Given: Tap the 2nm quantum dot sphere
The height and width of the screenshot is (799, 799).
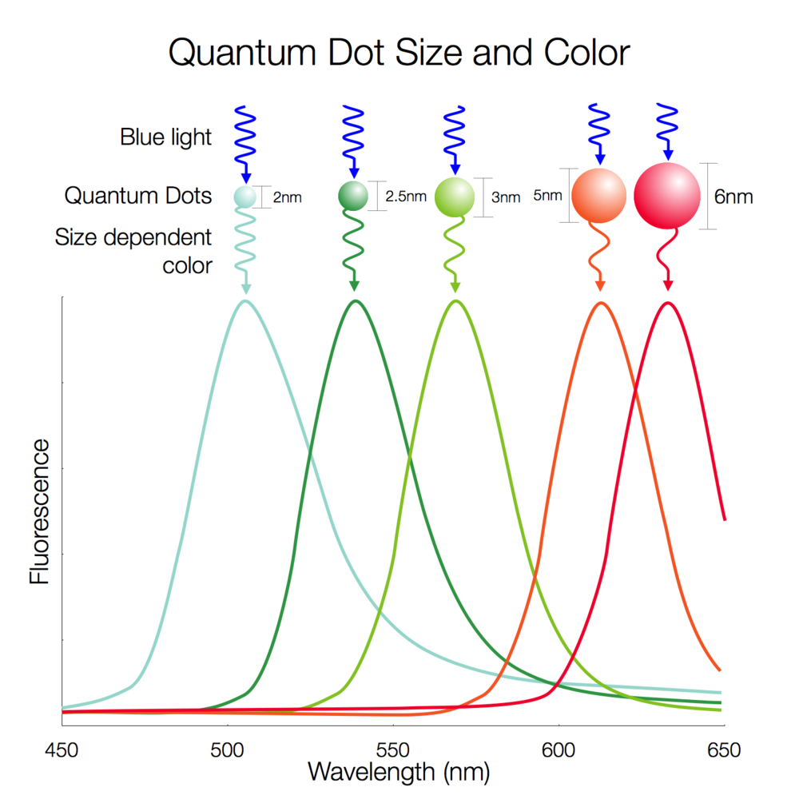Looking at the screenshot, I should [245, 196].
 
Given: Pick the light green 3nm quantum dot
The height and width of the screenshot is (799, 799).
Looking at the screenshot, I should [455, 197].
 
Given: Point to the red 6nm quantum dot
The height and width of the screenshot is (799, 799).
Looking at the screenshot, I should [666, 196].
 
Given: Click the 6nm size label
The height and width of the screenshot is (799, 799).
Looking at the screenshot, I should [733, 197].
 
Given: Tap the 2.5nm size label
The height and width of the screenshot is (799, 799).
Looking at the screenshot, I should [406, 197].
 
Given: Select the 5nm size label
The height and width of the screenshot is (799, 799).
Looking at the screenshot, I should [547, 195].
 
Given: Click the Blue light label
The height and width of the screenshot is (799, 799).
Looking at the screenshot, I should [166, 137].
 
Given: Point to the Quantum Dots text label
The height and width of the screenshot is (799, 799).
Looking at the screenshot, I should [138, 196].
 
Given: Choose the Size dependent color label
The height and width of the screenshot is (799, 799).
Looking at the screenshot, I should [133, 251].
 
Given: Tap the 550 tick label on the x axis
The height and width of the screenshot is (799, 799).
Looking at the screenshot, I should [393, 750].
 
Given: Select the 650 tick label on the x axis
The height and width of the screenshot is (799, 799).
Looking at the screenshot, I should [724, 750].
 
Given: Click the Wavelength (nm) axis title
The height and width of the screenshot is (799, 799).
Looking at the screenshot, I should [398, 772].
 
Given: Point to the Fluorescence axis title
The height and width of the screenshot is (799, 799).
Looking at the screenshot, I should [40, 511].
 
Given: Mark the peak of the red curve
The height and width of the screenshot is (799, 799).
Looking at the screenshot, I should [667, 303].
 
